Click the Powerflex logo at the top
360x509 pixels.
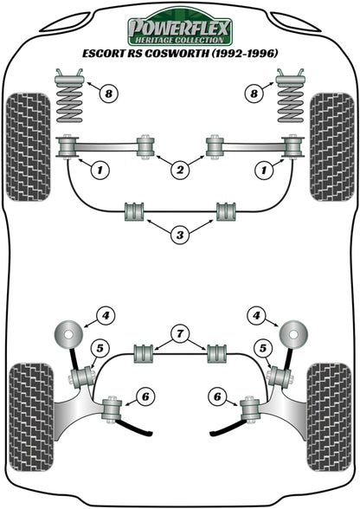179,31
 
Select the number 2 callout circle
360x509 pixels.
180,171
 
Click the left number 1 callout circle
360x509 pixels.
101,171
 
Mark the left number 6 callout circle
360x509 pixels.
145,397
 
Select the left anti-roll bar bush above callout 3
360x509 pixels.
134,210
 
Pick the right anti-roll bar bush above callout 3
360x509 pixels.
226,210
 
